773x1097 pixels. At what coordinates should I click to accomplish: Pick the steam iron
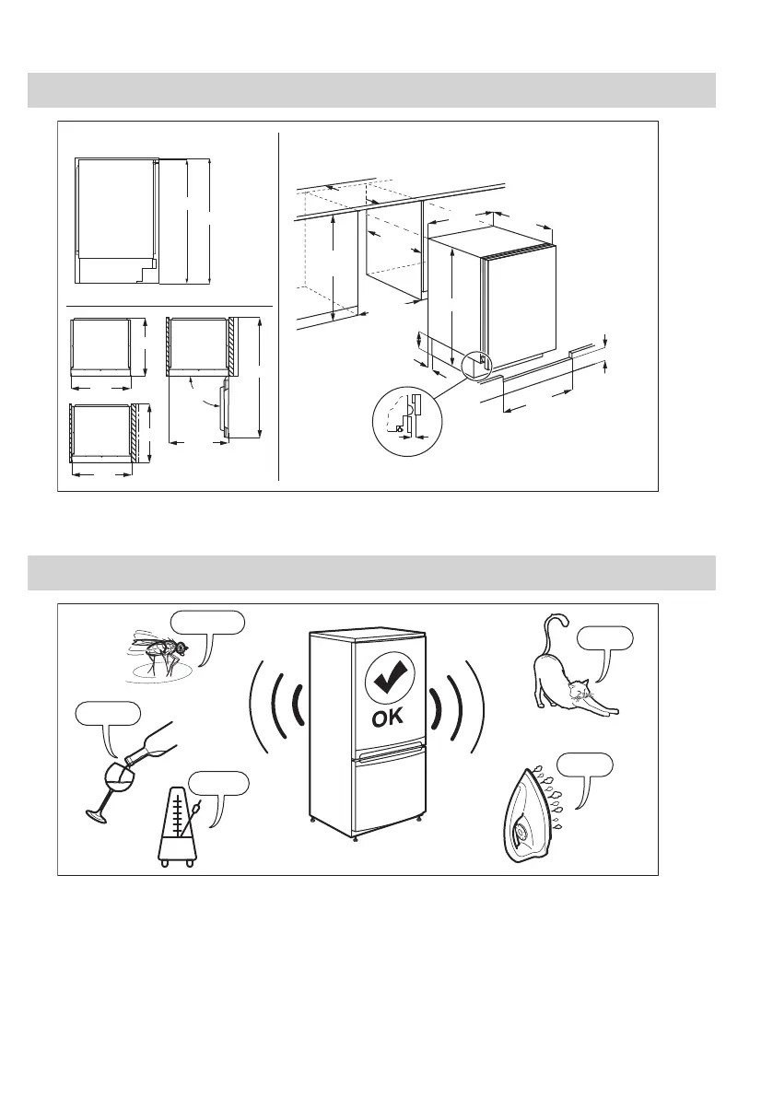click(x=534, y=815)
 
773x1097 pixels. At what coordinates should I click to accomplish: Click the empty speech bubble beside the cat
click(x=604, y=637)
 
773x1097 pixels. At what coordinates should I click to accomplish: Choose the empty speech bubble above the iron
click(x=586, y=764)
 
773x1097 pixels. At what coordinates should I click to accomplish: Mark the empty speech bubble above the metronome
click(x=218, y=784)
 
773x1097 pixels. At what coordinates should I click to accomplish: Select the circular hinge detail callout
click(x=407, y=421)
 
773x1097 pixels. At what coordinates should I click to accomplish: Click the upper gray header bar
click(x=371, y=90)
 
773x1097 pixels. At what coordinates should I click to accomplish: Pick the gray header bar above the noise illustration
click(x=371, y=572)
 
